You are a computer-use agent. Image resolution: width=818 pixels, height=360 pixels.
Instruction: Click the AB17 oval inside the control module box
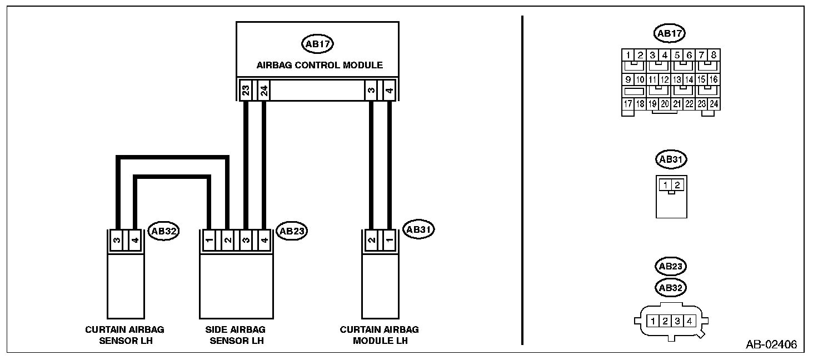pyautogui.click(x=317, y=44)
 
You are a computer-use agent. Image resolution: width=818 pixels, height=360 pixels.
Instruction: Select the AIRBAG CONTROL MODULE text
pyautogui.click(x=320, y=65)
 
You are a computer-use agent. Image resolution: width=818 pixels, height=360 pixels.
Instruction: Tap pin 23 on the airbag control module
pyautogui.click(x=246, y=89)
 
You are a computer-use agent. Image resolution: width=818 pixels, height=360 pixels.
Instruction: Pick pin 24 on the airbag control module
pyautogui.click(x=264, y=89)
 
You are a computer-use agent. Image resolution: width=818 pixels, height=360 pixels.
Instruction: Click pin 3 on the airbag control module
pyautogui.click(x=371, y=89)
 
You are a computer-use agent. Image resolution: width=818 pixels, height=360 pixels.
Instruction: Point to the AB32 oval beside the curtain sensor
pyautogui.click(x=163, y=232)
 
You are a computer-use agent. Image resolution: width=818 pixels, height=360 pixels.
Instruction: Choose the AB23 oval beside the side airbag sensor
pyautogui.click(x=292, y=231)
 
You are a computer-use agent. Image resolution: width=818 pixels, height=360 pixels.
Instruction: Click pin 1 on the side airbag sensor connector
pyautogui.click(x=209, y=241)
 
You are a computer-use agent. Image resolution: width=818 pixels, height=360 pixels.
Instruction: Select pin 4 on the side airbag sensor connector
pyautogui.click(x=264, y=241)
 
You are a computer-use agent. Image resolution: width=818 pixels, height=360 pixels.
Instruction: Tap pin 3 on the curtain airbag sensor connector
pyautogui.click(x=117, y=241)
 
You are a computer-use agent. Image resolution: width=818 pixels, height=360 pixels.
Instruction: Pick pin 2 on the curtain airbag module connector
pyautogui.click(x=371, y=241)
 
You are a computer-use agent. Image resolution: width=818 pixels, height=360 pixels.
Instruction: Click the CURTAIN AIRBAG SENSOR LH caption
pyautogui.click(x=124, y=334)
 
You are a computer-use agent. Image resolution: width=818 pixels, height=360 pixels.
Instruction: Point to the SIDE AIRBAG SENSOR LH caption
pyautogui.click(x=237, y=334)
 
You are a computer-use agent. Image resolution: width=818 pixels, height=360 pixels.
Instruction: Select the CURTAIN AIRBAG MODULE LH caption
pyautogui.click(x=380, y=334)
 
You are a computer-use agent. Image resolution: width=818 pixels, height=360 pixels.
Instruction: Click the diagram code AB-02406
pyautogui.click(x=771, y=345)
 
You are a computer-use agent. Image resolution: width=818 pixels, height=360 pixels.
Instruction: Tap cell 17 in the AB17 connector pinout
pyautogui.click(x=628, y=103)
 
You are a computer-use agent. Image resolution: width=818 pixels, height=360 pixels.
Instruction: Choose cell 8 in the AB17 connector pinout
pyautogui.click(x=714, y=55)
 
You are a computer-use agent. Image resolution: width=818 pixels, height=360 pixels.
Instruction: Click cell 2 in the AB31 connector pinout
pyautogui.click(x=677, y=184)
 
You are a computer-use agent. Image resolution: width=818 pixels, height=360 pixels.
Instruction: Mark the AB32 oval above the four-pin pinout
pyautogui.click(x=671, y=287)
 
